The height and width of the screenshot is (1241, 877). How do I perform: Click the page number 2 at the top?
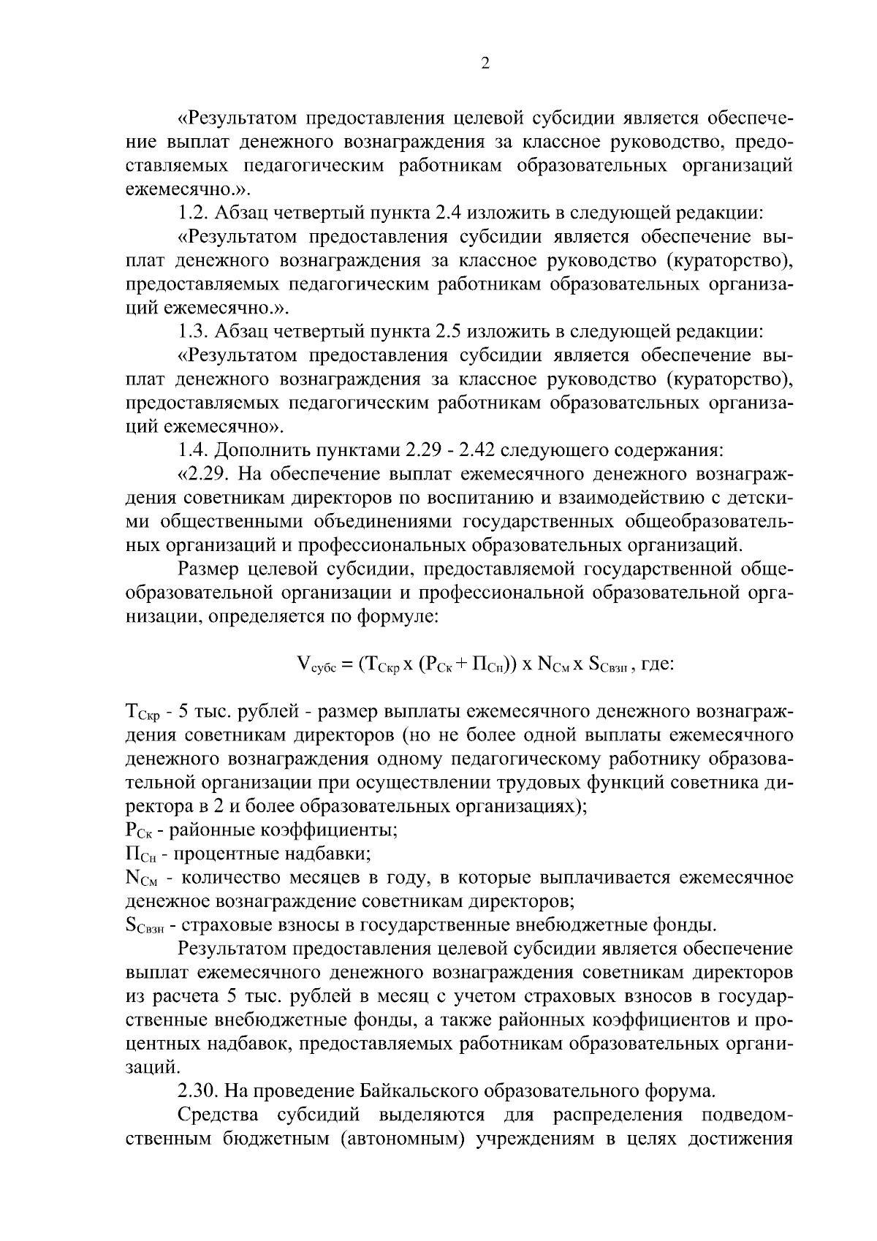coord(485,64)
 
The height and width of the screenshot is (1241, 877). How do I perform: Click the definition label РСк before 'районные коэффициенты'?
coord(139,831)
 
